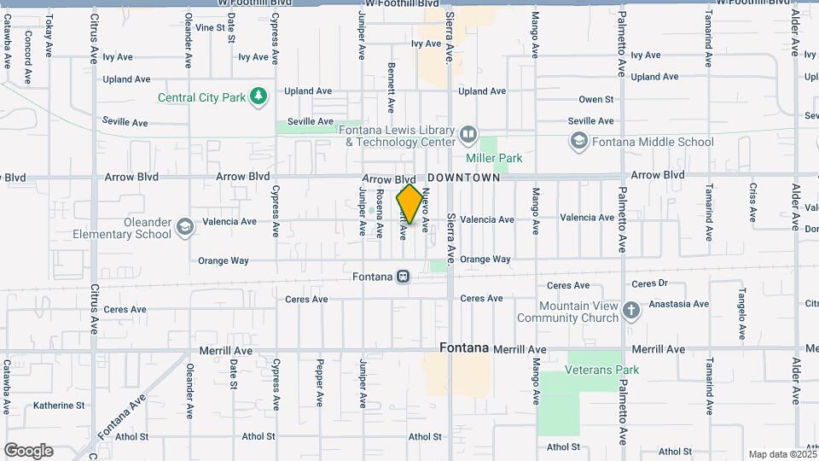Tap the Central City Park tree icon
click(x=259, y=96)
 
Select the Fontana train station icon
click(x=403, y=277)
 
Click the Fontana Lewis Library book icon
click(x=468, y=135)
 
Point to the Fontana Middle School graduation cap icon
click(x=579, y=141)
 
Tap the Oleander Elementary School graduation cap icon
click(x=185, y=227)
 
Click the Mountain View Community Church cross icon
click(x=631, y=310)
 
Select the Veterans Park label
click(x=602, y=370)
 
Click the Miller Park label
click(x=494, y=158)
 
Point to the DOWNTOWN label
click(x=463, y=178)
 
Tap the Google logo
click(x=28, y=451)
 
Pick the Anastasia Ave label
click(x=679, y=303)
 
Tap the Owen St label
click(x=596, y=100)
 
